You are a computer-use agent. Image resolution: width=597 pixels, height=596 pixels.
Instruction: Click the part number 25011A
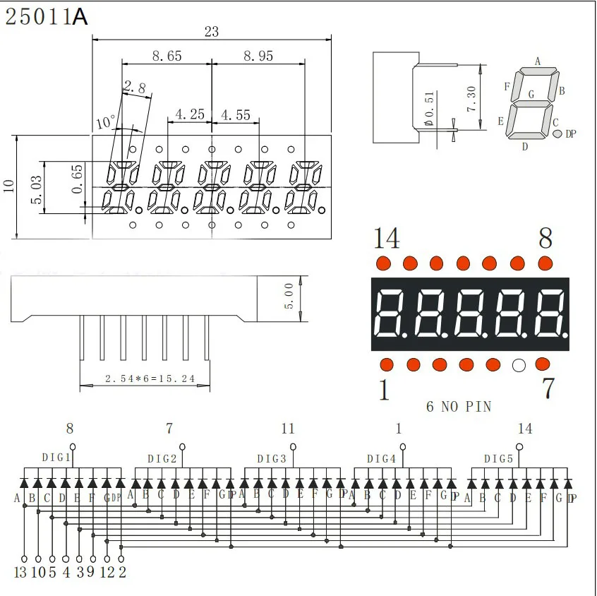[x=47, y=17]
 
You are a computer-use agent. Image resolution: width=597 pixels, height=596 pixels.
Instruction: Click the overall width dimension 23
[x=211, y=31]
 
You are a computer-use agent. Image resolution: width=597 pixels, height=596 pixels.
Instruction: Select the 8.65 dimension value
[x=167, y=56]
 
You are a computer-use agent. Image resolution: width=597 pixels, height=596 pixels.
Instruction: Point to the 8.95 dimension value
[x=258, y=56]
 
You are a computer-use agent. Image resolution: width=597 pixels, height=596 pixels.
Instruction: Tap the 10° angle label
[x=105, y=122]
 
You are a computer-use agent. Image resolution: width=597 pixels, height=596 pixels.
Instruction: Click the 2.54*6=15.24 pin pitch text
[x=150, y=379]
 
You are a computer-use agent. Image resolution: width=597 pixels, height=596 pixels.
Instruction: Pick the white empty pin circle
[x=519, y=365]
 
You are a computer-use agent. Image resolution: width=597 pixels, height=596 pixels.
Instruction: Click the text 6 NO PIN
[x=459, y=406]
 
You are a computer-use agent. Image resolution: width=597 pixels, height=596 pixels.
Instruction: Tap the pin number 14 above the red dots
[x=386, y=239]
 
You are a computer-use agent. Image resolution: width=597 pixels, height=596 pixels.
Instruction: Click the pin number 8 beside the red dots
[x=545, y=239]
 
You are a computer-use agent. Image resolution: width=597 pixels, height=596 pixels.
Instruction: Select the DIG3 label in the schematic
[x=272, y=458]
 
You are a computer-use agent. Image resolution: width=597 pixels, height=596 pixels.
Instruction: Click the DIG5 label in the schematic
[x=498, y=458]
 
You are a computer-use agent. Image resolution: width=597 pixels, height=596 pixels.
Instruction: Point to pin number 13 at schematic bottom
[x=20, y=572]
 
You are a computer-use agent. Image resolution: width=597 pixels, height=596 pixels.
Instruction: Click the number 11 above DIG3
[x=287, y=429]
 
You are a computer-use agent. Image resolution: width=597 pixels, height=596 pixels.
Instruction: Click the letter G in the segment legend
[x=531, y=94]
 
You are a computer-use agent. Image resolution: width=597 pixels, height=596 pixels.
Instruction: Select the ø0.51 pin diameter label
[x=429, y=107]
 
